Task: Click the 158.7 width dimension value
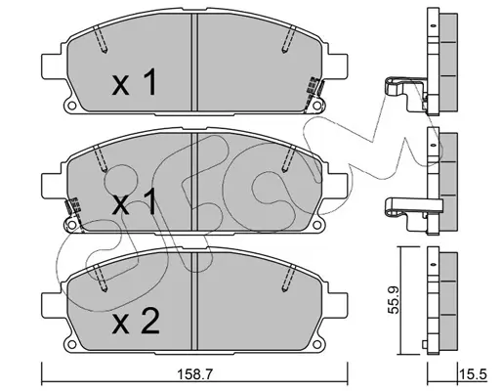pyautogui.click(x=194, y=374)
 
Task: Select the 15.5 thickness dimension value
pyautogui.click(x=474, y=374)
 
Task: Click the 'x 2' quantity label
pyautogui.click(x=136, y=322)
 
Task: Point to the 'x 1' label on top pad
pyautogui.click(x=134, y=82)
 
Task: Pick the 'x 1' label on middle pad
pyautogui.click(x=134, y=202)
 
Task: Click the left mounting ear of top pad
pyautogui.click(x=52, y=66)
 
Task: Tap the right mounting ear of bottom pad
pyautogui.click(x=338, y=305)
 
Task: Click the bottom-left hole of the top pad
pyautogui.click(x=71, y=106)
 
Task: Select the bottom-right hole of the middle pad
pyautogui.click(x=316, y=225)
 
